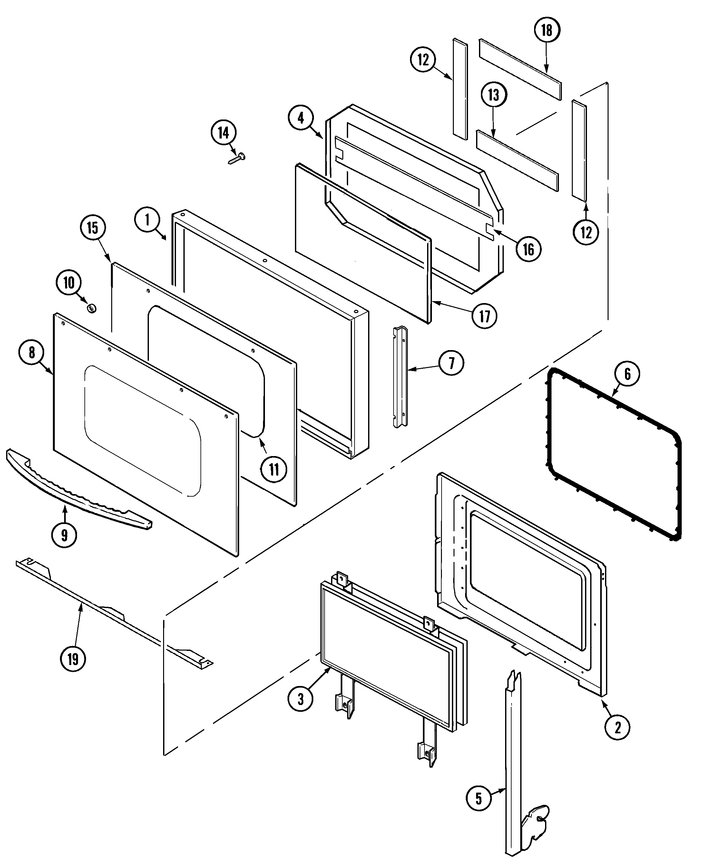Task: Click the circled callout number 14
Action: coord(223,133)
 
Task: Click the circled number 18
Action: coord(547,30)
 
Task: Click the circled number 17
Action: coord(485,316)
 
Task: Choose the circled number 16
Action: coord(529,249)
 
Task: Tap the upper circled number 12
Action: coord(423,60)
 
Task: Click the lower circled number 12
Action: coord(586,232)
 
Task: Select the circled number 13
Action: coord(493,95)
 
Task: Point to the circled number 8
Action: coord(32,353)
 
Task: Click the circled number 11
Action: coord(274,469)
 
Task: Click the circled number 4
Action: coord(300,118)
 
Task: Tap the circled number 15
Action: coord(93,228)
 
